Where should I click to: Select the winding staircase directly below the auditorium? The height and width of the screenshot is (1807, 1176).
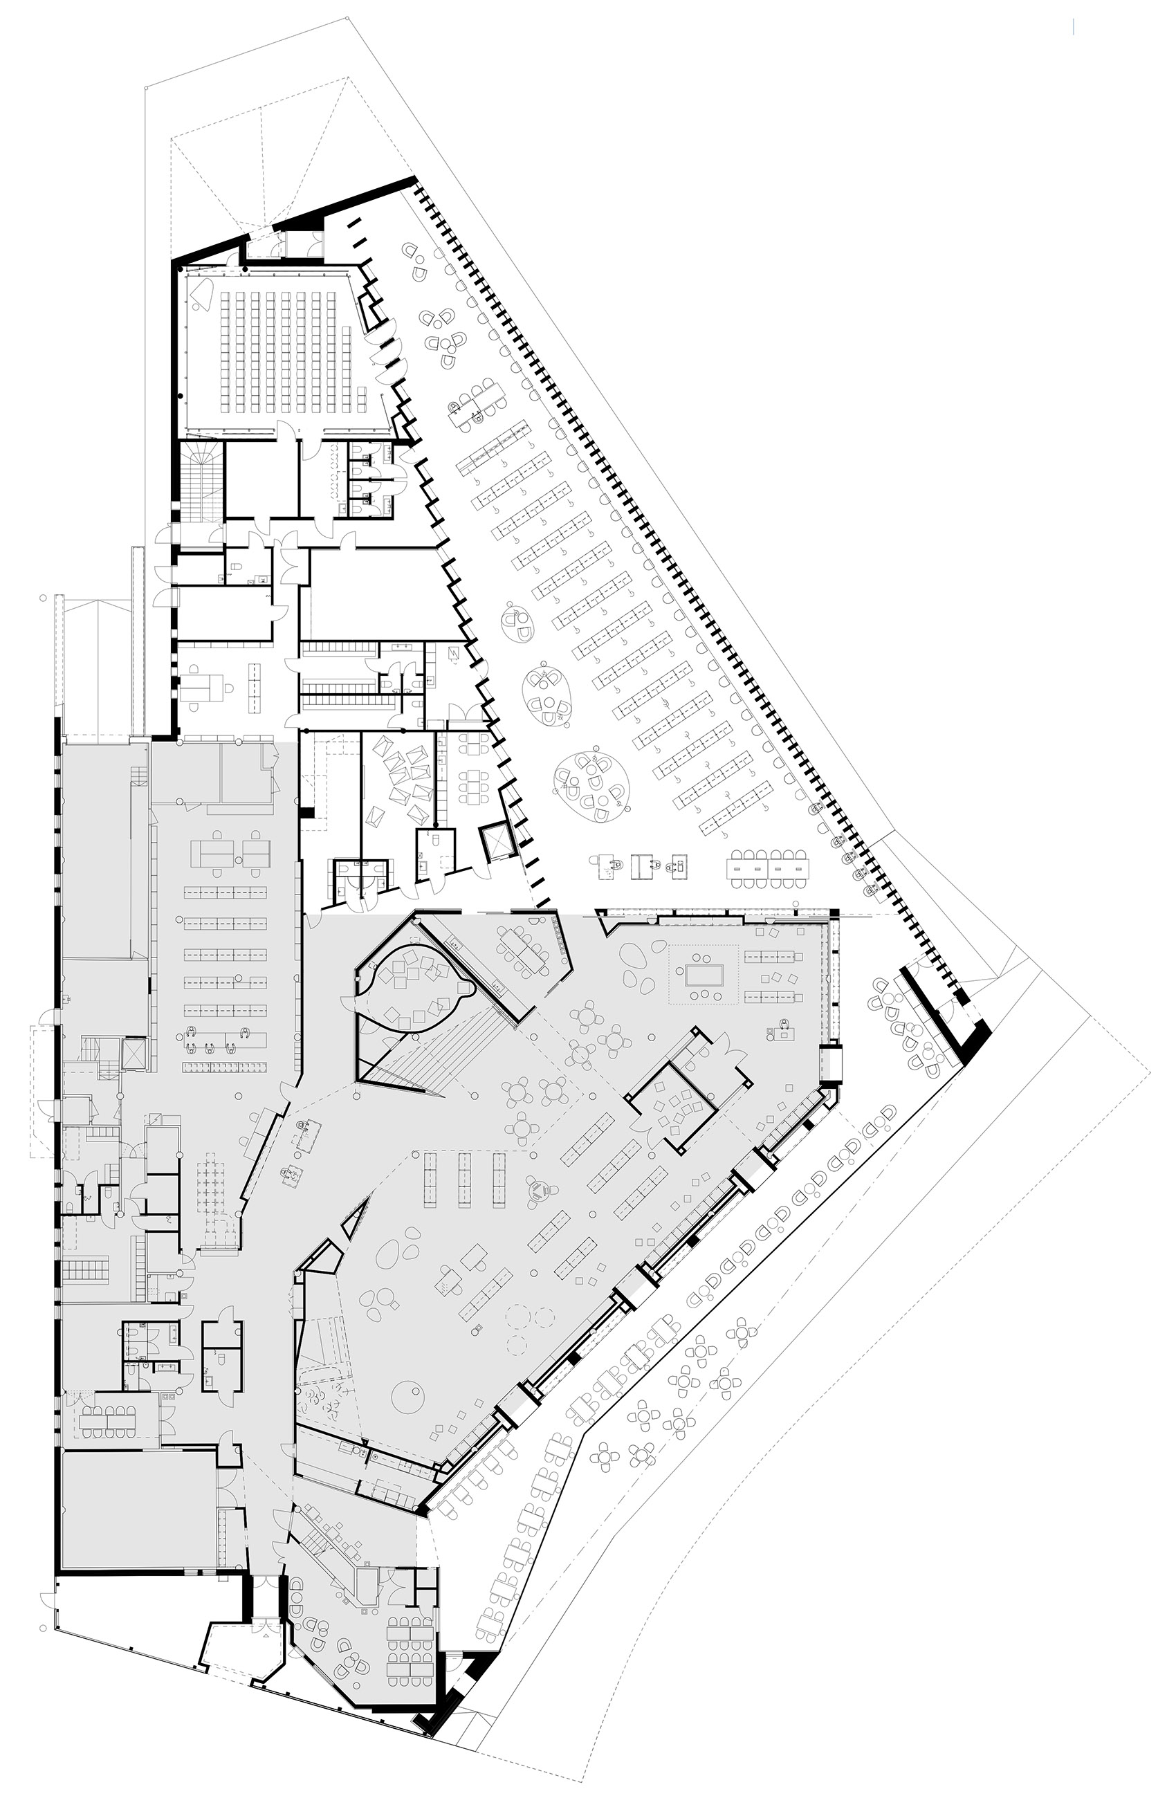(x=202, y=481)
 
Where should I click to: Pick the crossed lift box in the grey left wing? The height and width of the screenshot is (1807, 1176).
(x=135, y=1054)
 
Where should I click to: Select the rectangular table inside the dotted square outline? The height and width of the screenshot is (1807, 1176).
(x=701, y=973)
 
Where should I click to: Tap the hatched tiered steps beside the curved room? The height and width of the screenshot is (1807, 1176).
(x=441, y=1052)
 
